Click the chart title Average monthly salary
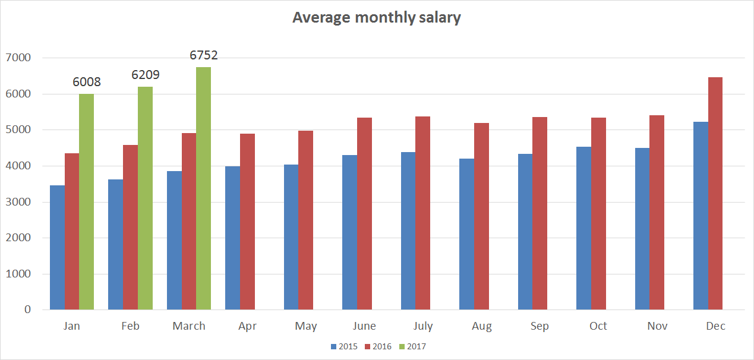376,18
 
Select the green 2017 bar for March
203,188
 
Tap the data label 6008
87,83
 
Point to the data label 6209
146,75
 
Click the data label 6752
204,55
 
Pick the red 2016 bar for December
715,194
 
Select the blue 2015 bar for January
57,248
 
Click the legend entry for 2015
343,347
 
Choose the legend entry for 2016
377,347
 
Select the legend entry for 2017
412,347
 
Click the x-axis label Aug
481,326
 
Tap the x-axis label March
189,326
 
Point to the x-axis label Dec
715,326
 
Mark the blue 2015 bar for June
349,232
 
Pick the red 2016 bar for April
247,222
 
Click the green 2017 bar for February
145,198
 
